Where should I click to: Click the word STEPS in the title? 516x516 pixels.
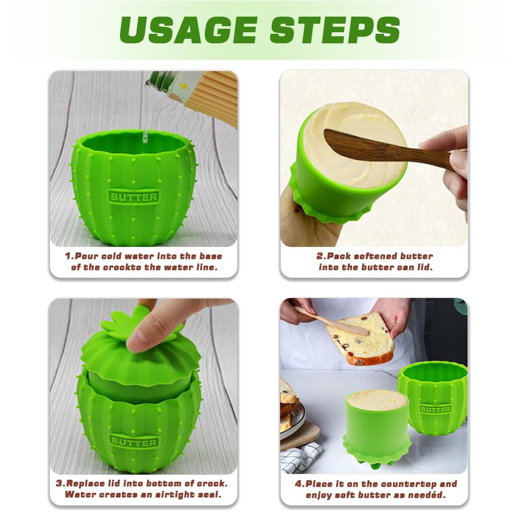click(x=335, y=30)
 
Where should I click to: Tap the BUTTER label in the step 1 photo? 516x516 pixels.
click(x=134, y=197)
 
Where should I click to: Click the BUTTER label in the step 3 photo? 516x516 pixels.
click(x=134, y=442)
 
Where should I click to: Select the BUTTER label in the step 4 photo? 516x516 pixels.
click(x=435, y=409)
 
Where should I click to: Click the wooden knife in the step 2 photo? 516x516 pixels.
click(x=383, y=148)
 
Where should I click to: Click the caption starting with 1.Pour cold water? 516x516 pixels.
click(x=143, y=262)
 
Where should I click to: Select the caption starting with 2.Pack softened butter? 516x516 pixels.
click(x=375, y=262)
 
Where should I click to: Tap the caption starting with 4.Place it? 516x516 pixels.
click(x=375, y=489)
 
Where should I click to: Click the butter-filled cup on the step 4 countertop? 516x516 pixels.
click(x=377, y=418)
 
